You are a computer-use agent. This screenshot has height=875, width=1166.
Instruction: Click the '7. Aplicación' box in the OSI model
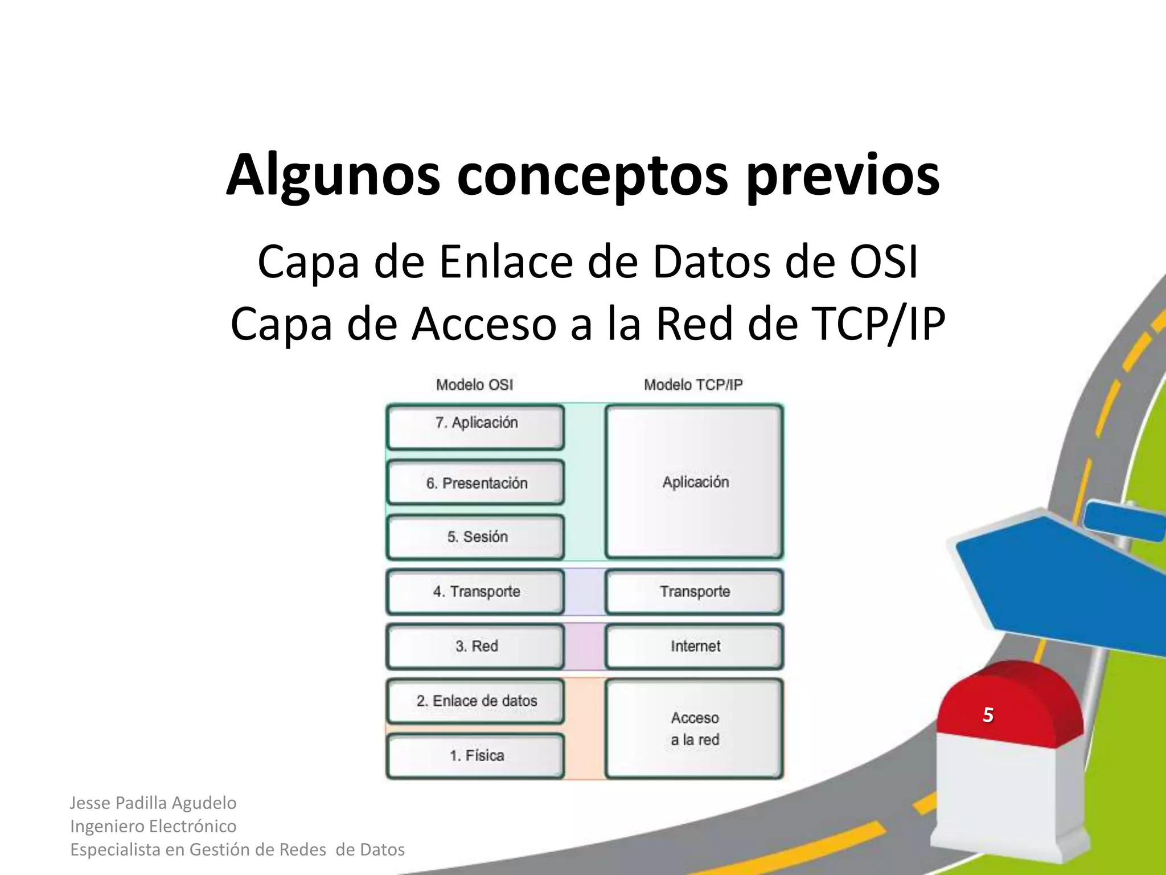tap(475, 426)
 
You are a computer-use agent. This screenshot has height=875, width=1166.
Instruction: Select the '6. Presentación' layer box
tap(475, 483)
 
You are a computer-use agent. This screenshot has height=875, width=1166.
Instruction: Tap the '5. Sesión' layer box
tap(475, 537)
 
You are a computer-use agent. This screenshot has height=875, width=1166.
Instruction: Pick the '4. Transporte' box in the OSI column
tap(475, 591)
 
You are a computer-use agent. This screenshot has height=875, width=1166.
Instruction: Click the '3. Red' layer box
tap(475, 646)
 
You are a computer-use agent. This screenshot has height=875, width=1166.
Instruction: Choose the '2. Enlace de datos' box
tap(475, 701)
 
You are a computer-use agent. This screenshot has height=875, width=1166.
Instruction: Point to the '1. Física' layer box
tap(475, 755)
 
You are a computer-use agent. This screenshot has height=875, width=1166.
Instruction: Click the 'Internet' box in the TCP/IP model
tap(695, 646)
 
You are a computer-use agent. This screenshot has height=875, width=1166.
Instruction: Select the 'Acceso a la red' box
tap(695, 729)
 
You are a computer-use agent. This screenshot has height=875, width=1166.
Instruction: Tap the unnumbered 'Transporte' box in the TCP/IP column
tap(695, 591)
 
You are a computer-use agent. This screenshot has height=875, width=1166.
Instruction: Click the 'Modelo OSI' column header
tap(474, 385)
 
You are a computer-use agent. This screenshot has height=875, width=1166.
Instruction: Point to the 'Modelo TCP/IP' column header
tap(693, 385)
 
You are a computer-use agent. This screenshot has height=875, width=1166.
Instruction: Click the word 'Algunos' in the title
tap(333, 175)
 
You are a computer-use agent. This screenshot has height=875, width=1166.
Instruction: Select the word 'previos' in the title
tap(843, 175)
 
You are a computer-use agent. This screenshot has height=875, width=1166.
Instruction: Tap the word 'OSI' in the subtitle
tap(884, 262)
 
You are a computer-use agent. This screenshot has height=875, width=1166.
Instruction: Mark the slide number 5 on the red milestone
tap(988, 714)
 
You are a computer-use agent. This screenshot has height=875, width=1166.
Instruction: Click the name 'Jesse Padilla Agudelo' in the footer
tap(153, 803)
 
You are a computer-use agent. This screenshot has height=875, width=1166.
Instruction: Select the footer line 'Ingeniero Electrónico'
tap(153, 826)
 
